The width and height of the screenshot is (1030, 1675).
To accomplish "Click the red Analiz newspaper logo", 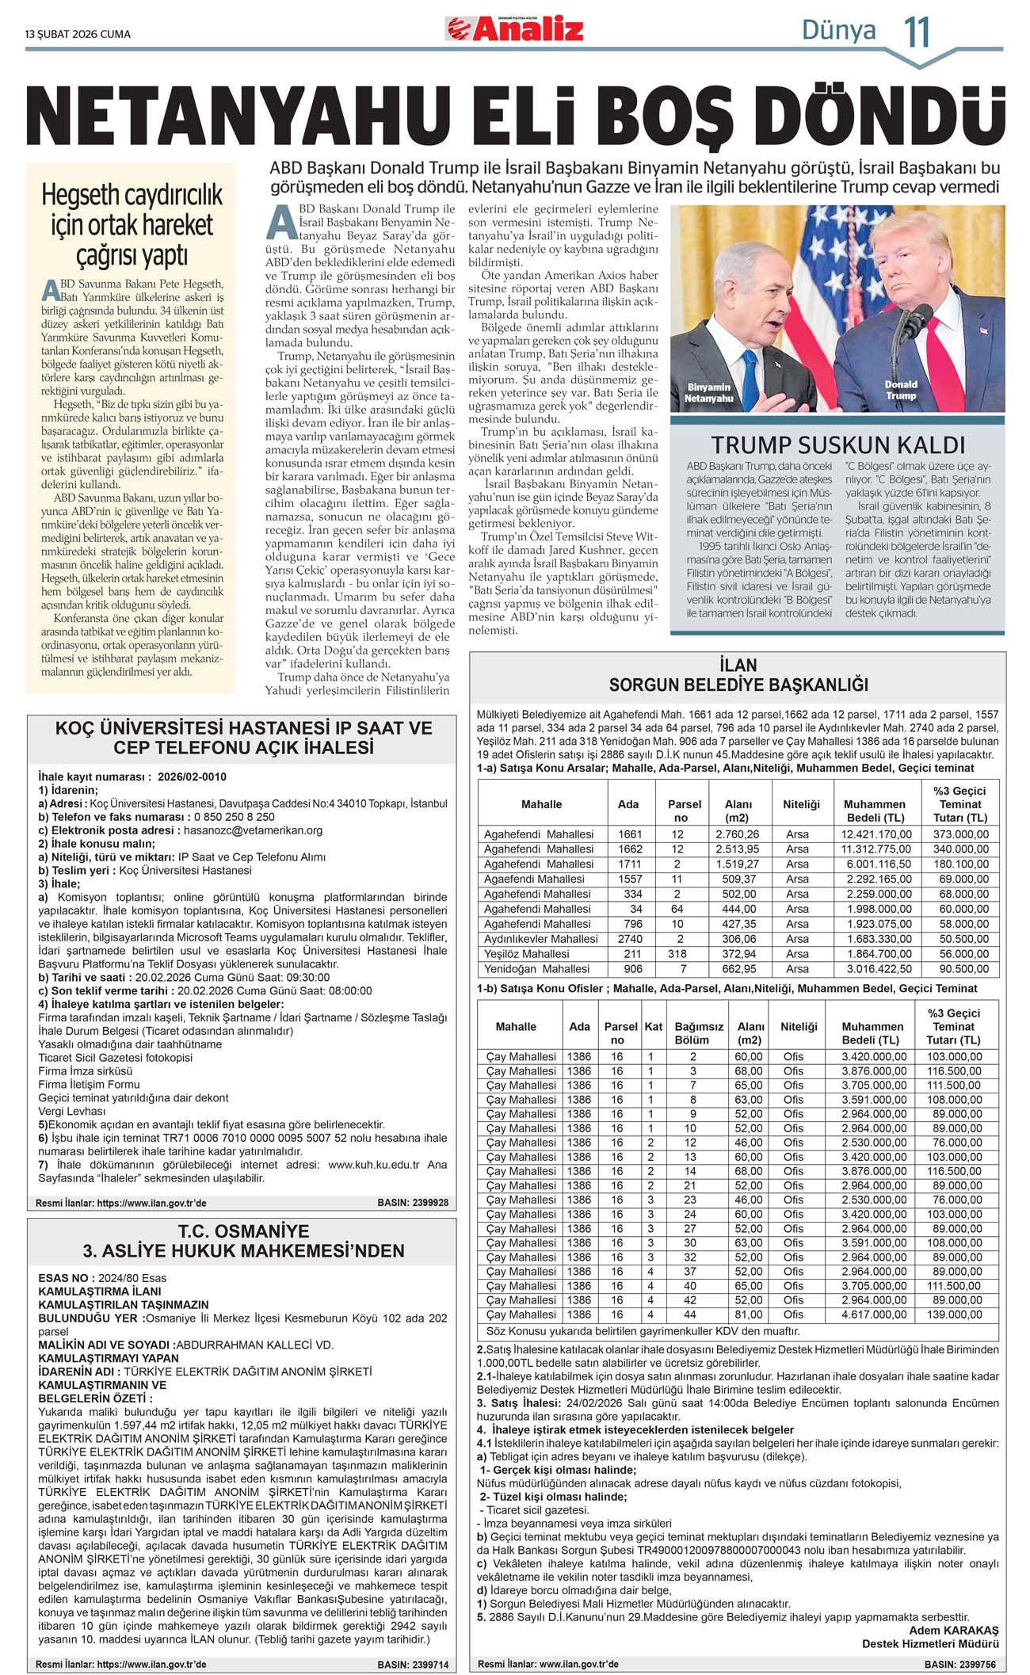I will (x=515, y=29).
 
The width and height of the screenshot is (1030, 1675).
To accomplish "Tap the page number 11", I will (x=917, y=32).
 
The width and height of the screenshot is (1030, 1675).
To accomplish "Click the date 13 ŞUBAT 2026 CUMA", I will (x=78, y=34).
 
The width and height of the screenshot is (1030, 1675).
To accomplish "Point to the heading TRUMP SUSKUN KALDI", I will (x=837, y=445).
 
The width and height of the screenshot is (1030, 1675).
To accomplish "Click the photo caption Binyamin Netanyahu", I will (x=708, y=393).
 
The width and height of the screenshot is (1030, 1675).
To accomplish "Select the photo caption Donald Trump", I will (x=901, y=390).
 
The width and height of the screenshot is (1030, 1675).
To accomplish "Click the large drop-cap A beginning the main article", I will (x=281, y=223).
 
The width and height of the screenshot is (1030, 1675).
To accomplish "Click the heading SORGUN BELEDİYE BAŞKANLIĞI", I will (x=738, y=685).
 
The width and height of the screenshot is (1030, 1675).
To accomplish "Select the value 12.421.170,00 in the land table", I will (x=876, y=834).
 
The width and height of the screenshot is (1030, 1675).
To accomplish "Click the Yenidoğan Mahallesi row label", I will (x=536, y=969).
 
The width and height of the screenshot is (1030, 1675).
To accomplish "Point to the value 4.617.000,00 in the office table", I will (x=873, y=1314).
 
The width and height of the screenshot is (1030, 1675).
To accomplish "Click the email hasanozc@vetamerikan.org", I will (x=253, y=830).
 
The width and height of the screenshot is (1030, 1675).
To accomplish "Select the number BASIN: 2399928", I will (x=413, y=1202).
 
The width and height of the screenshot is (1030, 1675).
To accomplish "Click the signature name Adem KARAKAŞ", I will (x=953, y=1631).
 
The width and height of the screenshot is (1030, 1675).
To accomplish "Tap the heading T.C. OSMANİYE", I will (x=243, y=1231).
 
